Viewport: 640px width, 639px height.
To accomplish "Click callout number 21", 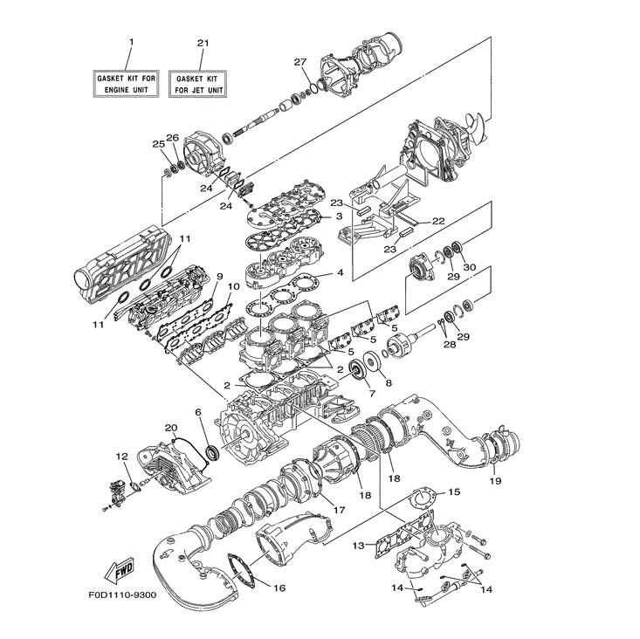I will [203, 42].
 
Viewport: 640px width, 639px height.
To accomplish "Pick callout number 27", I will [299, 62].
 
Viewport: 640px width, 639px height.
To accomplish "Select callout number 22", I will [438, 221].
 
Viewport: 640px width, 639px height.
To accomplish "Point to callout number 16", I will [279, 587].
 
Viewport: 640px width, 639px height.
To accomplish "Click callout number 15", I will [453, 492].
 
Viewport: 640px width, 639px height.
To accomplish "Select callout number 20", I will [171, 428].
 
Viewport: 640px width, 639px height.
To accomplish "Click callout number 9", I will [208, 276].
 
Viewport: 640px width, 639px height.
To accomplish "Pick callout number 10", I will [233, 286].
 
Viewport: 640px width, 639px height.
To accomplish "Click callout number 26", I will [172, 138].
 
